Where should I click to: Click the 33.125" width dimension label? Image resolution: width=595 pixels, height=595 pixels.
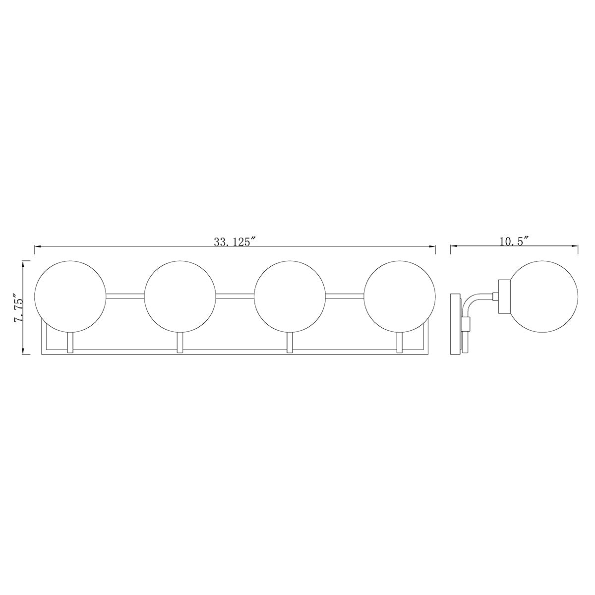(236, 242)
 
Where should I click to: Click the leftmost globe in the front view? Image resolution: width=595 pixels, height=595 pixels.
(70, 296)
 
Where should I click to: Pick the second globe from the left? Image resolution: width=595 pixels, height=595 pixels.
(180, 296)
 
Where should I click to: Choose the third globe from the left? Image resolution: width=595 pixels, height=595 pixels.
(290, 296)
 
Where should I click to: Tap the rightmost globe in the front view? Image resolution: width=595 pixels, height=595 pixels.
(400, 296)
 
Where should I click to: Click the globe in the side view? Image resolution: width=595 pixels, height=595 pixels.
(542, 296)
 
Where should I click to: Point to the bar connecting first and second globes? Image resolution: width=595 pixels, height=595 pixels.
(125, 297)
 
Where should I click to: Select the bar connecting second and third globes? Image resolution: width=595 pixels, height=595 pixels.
(235, 297)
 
